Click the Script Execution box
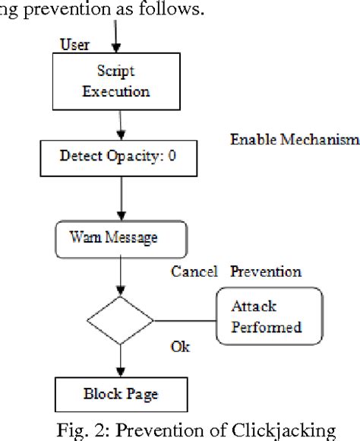click(117, 81)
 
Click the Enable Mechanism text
click(294, 141)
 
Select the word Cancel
click(194, 271)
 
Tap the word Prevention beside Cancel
click(266, 271)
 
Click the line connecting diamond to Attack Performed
click(185, 319)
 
